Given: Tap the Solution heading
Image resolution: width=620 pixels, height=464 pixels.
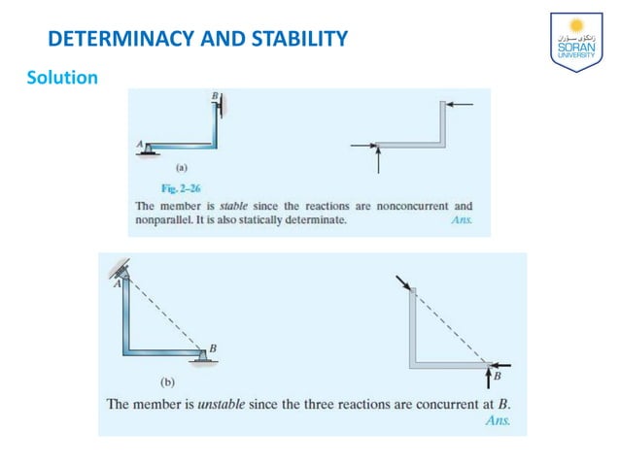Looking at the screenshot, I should click(x=62, y=77).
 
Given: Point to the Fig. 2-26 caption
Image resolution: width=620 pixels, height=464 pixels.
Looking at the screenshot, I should click(x=180, y=187).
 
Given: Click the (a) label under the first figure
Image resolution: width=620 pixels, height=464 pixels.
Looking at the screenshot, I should click(x=180, y=167).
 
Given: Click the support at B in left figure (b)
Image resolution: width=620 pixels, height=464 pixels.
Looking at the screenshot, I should click(x=202, y=358).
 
